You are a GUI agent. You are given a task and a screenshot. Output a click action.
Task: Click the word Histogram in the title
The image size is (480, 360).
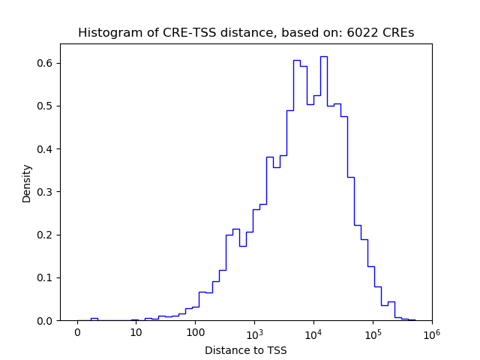(x=105, y=33)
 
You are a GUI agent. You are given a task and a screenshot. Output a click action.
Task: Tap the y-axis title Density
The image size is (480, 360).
(x=27, y=183)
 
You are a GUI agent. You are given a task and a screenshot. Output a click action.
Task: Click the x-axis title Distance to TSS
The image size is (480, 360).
(x=245, y=349)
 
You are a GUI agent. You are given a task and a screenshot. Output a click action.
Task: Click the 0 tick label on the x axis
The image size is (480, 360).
(x=77, y=332)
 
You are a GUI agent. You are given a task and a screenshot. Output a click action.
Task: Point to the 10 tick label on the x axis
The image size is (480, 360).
(x=136, y=332)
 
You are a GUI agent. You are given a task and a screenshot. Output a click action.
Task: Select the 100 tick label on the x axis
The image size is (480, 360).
(x=195, y=332)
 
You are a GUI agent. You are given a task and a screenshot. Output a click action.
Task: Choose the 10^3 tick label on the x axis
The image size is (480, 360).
(x=254, y=331)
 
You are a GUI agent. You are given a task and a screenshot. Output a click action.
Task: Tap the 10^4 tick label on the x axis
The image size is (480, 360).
(x=313, y=331)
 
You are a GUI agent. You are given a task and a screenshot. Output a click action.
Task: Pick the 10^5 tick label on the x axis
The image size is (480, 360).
(x=372, y=331)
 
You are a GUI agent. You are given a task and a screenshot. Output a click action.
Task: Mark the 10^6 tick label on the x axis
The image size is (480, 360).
(x=431, y=331)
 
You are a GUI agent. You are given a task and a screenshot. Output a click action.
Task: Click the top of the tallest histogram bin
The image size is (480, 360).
(x=323, y=56)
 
